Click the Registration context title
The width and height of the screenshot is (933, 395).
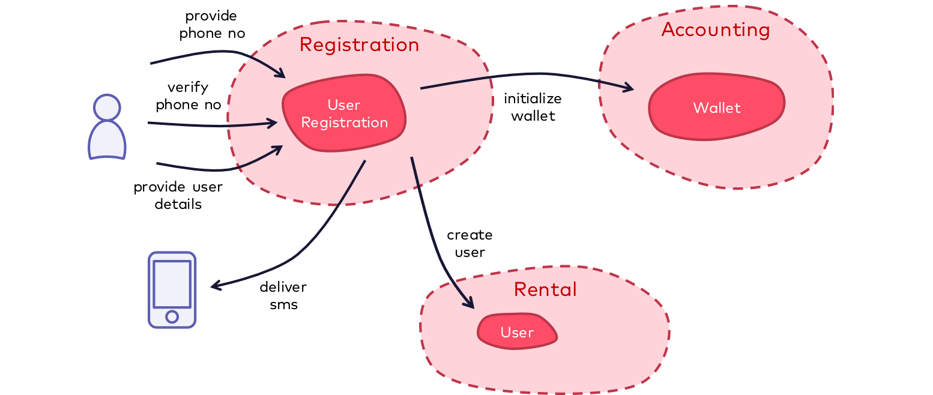coord(359,45)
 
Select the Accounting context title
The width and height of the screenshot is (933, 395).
coord(716,30)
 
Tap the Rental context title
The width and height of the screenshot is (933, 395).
coord(545,290)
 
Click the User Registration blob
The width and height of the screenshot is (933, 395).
coord(345,113)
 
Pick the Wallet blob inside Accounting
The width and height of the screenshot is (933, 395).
coord(717,108)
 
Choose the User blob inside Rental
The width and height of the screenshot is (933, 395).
coord(517,332)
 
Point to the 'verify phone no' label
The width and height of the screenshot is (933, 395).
coord(188,96)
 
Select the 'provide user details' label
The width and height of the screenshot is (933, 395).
coord(178,196)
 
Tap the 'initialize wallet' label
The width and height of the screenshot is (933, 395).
coord(533,107)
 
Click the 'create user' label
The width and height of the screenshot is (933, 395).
coord(470,243)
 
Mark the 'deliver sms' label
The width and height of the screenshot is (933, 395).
coord(283,295)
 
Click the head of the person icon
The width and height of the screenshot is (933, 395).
coord(107,107)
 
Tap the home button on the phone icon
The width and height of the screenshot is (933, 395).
coord(172,316)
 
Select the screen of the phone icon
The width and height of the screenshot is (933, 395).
coord(172,284)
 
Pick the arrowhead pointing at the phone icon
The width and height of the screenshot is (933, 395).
coord(214,286)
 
